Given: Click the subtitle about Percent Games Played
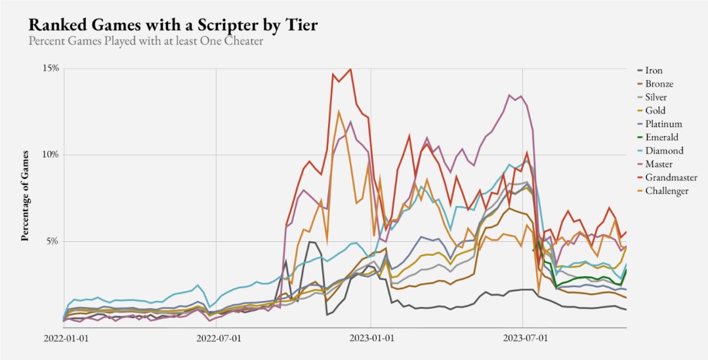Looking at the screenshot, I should click(145, 41).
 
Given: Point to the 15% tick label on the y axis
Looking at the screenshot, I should click(51, 68).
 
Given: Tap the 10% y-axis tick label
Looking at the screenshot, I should click(51, 155).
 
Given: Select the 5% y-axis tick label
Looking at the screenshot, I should click(53, 241).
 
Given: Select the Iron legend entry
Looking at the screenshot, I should click(654, 70).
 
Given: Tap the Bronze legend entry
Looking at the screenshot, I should click(659, 84).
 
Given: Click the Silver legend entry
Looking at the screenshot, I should click(657, 97).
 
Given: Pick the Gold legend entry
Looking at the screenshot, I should click(656, 111).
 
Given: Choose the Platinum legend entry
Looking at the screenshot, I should click(663, 124).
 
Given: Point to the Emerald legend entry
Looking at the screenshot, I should click(662, 137).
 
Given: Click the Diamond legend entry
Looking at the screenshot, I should click(663, 151).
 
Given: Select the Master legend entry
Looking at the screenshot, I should click(659, 164).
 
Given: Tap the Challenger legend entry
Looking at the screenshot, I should click(667, 191).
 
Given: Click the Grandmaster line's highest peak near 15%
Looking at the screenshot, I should click(350, 69).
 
